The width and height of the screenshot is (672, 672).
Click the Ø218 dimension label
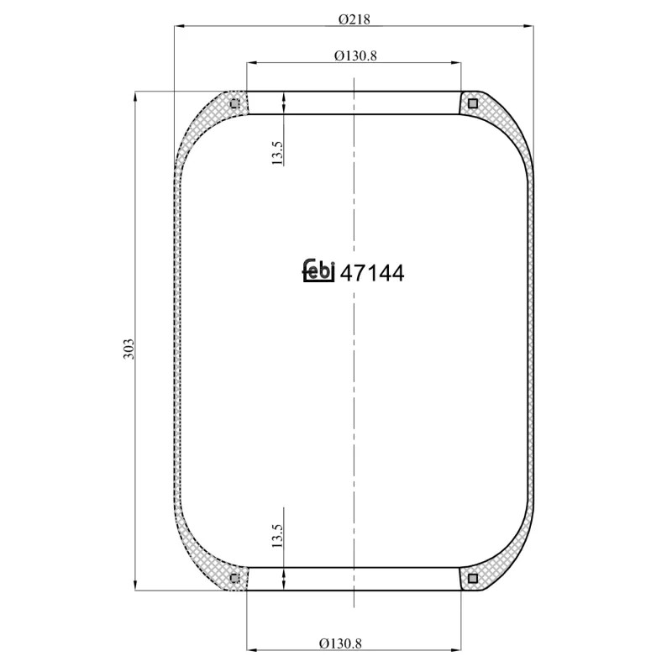click(353, 17)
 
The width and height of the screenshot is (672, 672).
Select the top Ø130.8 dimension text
click(354, 55)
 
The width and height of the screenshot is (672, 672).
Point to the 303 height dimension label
click(128, 348)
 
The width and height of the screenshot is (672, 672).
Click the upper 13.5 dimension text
click(278, 152)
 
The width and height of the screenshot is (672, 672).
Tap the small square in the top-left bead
click(234, 104)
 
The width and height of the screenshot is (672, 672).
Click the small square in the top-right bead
click(473, 104)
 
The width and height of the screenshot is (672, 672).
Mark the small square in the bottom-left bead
click(234, 578)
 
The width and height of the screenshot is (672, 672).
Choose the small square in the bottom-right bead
click(473, 578)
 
